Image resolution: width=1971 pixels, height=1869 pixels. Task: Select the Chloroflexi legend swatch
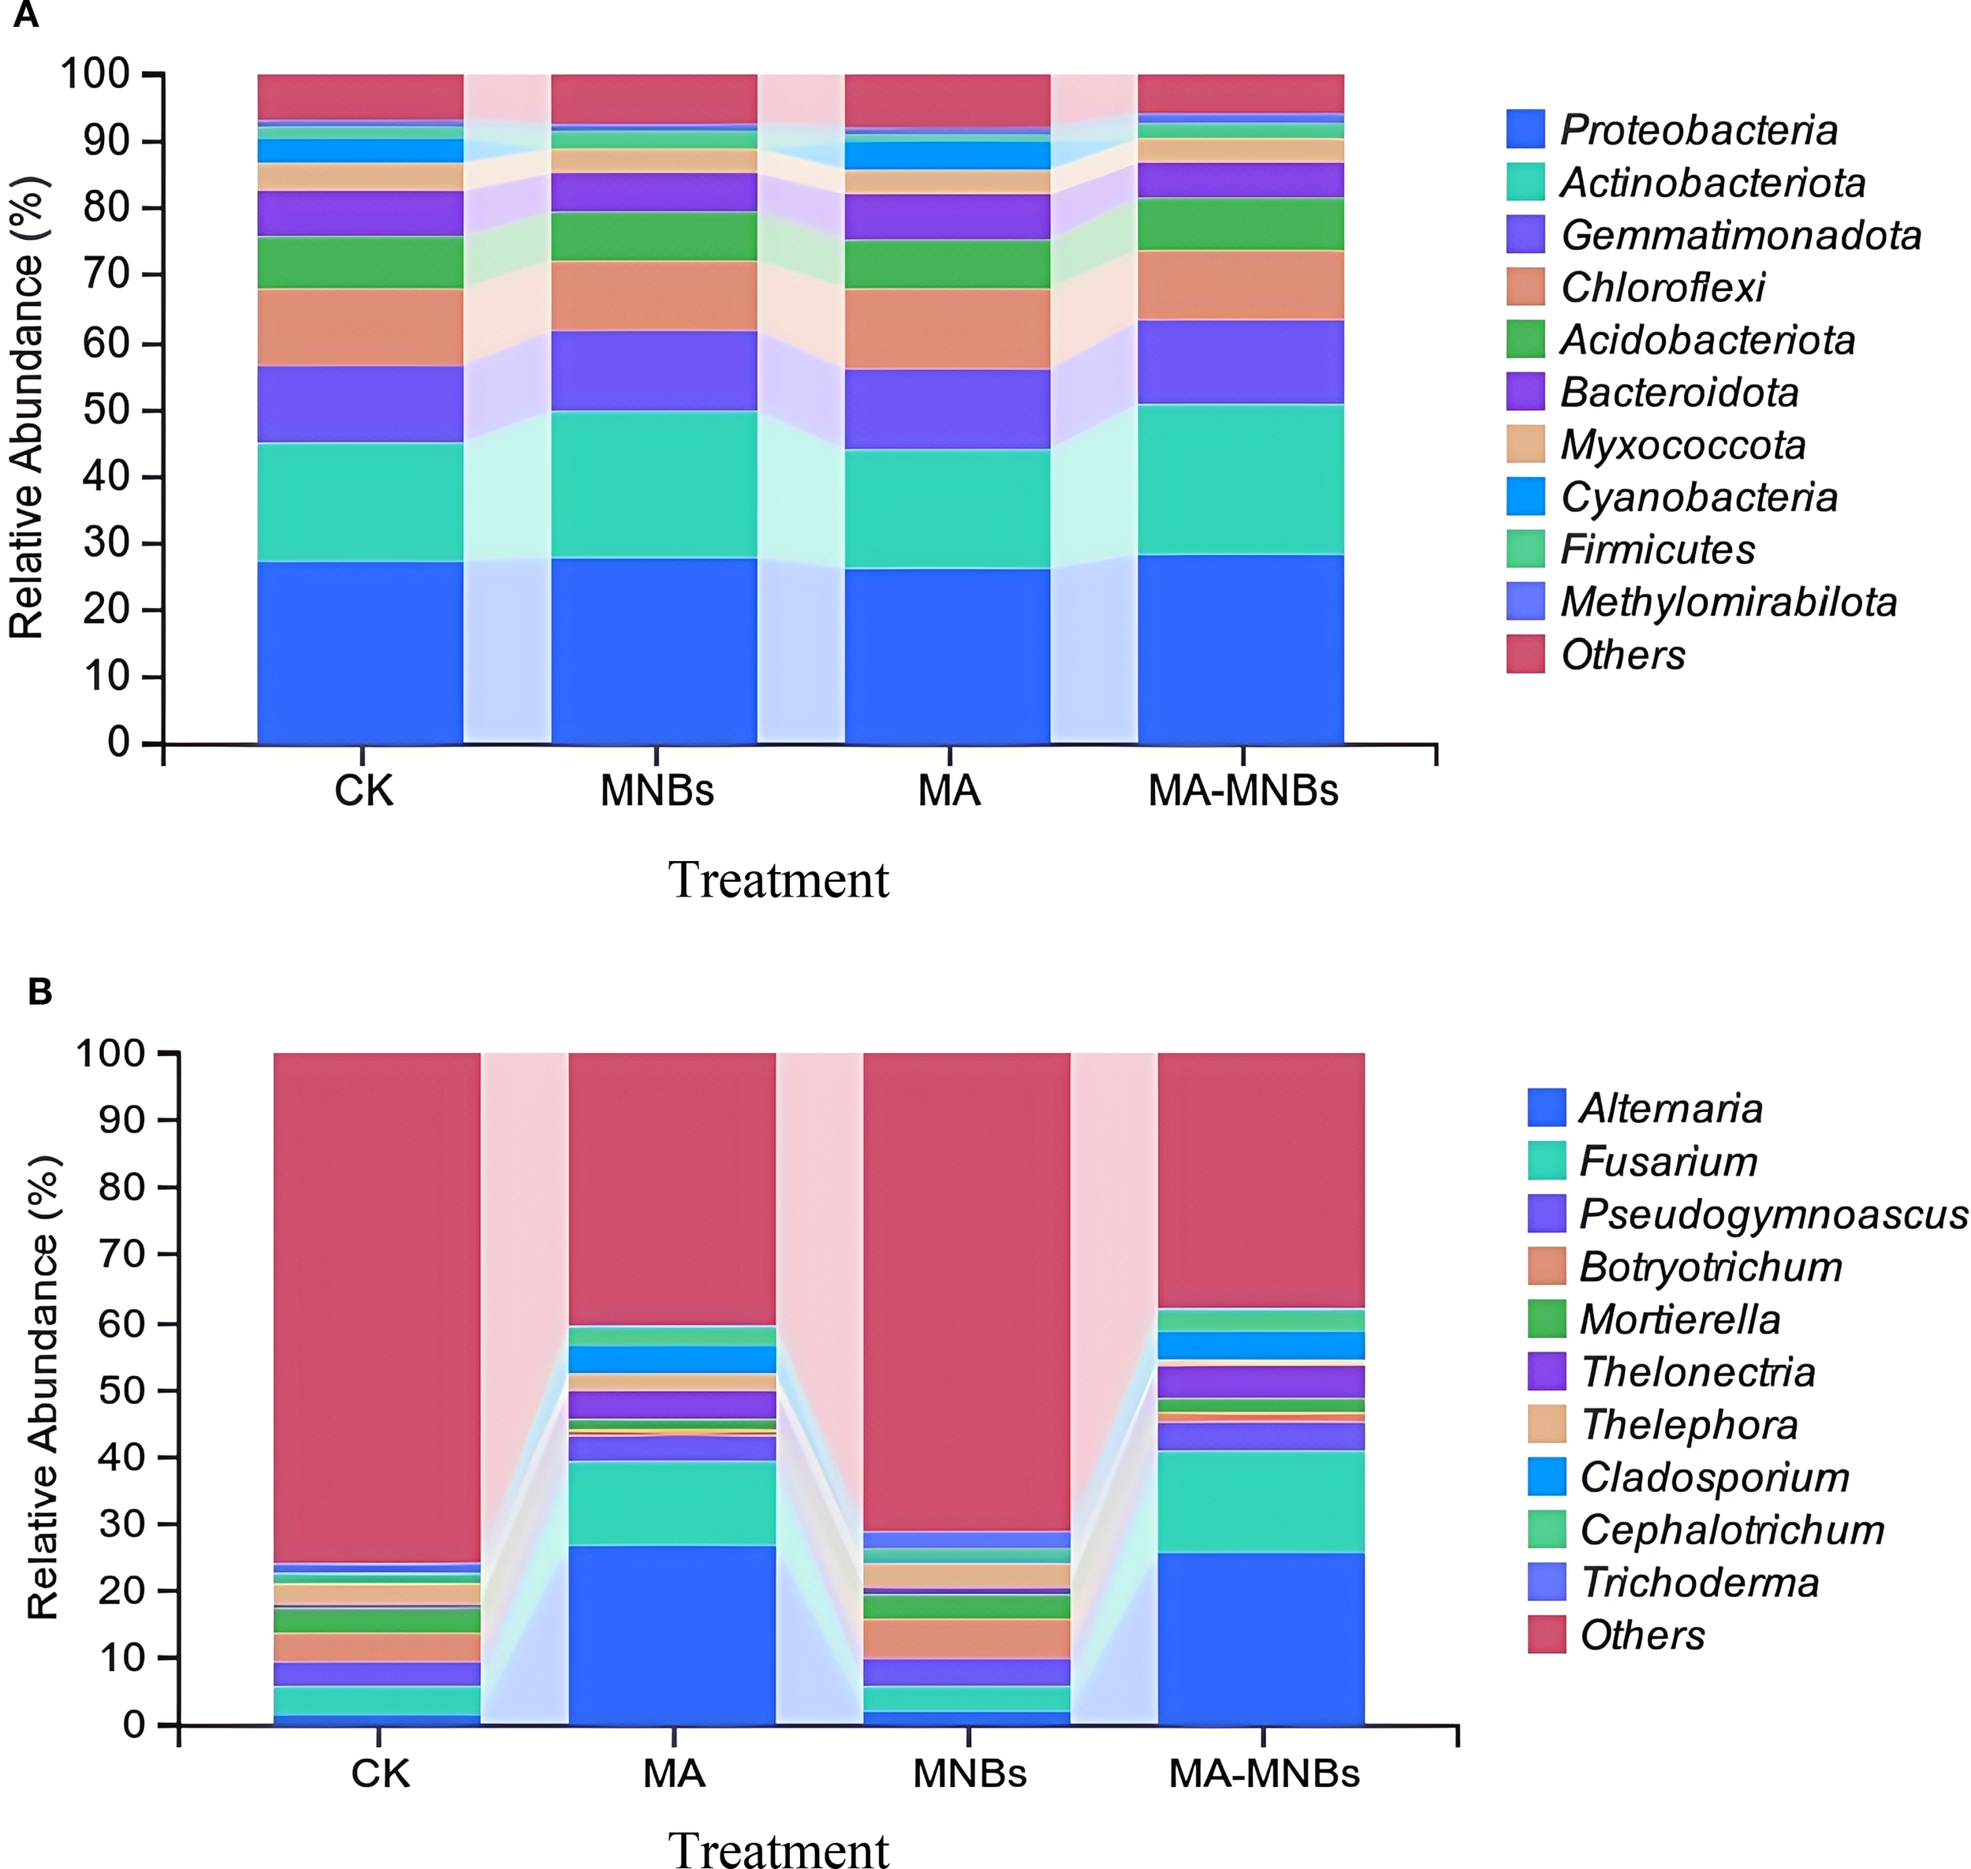[1525, 287]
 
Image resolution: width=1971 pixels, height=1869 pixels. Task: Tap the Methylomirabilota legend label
[1728, 602]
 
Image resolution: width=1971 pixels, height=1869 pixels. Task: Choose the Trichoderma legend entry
[1699, 1582]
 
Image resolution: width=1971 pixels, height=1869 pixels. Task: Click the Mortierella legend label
[1679, 1319]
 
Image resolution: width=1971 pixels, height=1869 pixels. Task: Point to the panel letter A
[26, 16]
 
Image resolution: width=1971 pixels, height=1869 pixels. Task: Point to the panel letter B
[40, 991]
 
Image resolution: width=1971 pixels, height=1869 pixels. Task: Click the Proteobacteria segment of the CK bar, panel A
[360, 652]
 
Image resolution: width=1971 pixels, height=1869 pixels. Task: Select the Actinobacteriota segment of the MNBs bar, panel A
[654, 484]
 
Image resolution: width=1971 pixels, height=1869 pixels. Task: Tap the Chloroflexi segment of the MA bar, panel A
[947, 329]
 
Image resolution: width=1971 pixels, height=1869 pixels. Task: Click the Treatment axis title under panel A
[778, 880]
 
